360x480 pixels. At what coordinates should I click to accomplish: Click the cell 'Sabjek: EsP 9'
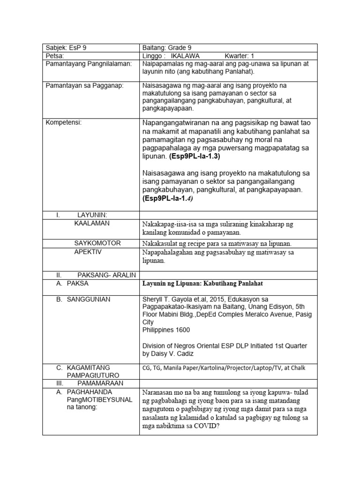[x=63, y=48]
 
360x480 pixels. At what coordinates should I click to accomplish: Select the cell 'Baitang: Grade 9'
[x=166, y=48]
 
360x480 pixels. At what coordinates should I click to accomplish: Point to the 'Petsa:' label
[x=54, y=56]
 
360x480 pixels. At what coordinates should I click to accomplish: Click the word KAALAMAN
[x=92, y=223]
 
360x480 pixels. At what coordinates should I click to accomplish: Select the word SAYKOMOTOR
[x=97, y=243]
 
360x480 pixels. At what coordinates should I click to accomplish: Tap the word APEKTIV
[x=88, y=252]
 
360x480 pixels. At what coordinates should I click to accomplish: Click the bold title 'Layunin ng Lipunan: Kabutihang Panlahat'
[x=206, y=284]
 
